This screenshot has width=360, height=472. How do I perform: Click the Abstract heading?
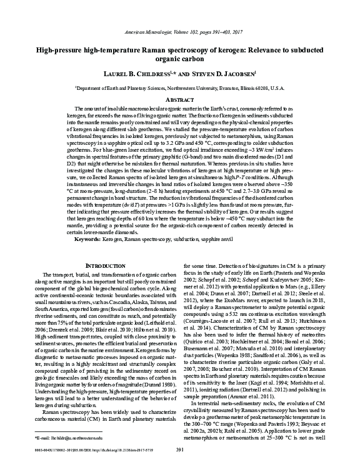(179, 100)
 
